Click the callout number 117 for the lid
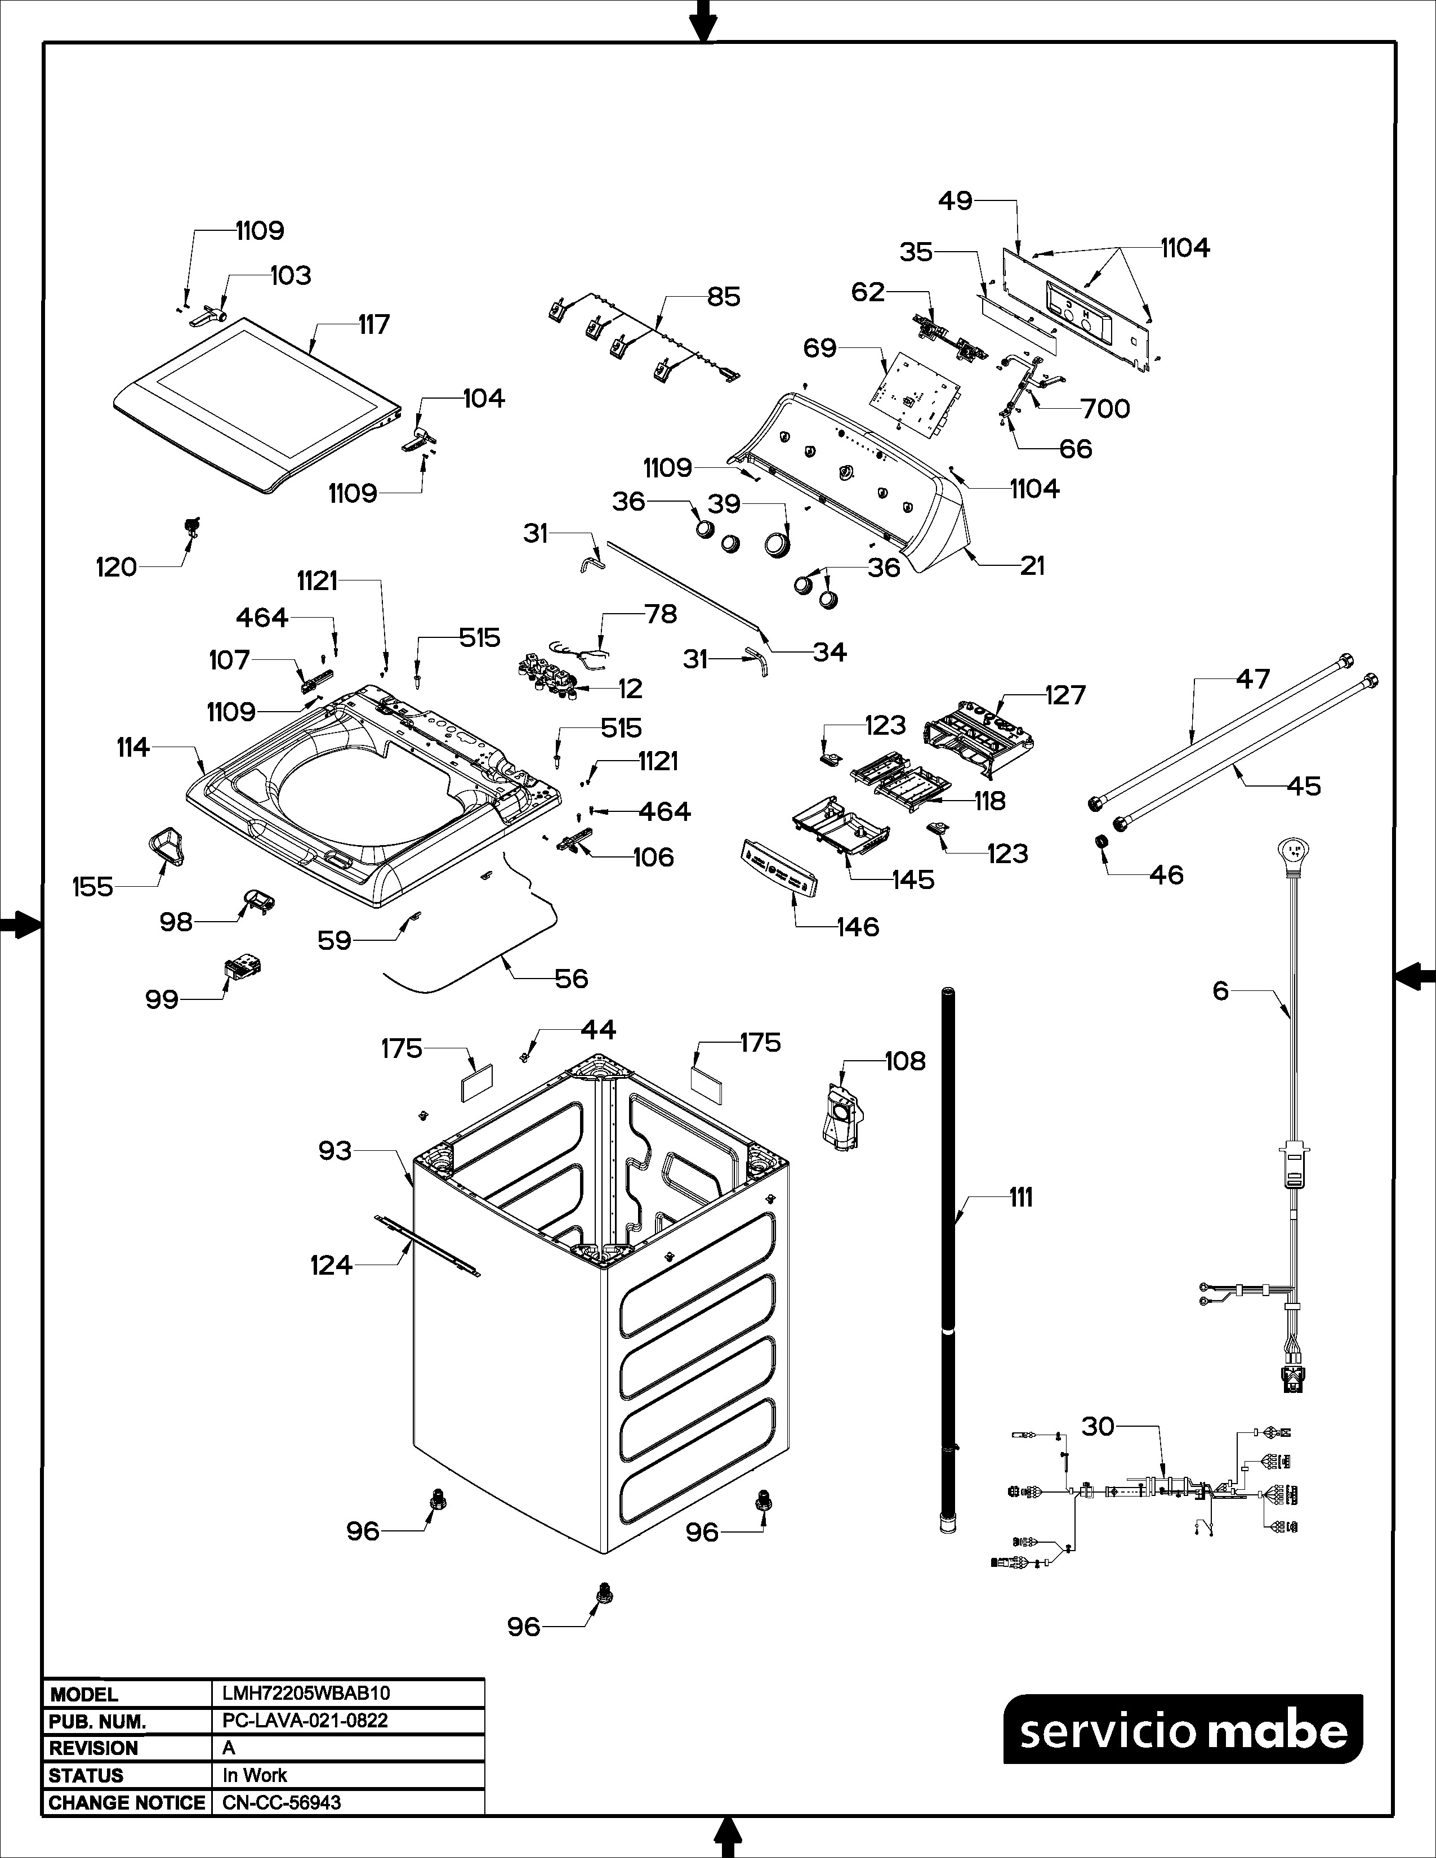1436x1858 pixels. coord(373,324)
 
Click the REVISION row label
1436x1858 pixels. coord(93,1748)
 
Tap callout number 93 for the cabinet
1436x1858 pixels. coord(335,1150)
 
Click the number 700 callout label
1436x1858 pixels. coord(1105,409)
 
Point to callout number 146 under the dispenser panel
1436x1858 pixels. coord(858,926)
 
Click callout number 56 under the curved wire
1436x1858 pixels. coord(571,979)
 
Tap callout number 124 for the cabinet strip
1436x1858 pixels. coord(331,1265)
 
